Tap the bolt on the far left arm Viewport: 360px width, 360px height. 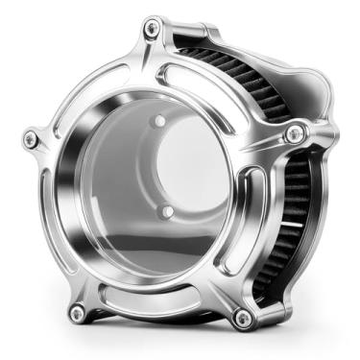31,140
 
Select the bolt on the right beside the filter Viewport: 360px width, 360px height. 296,133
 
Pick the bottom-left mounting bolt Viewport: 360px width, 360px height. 76,311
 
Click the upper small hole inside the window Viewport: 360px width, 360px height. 160,122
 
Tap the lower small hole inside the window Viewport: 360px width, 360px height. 167,210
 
